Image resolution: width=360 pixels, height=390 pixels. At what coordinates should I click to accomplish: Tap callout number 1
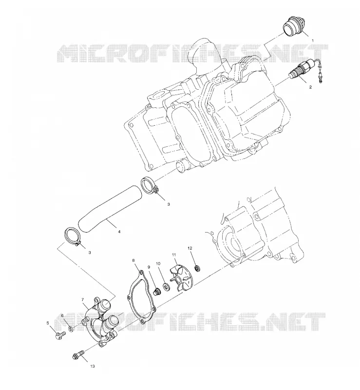point(313,40)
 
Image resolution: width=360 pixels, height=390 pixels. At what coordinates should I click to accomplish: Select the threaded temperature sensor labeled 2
point(302,69)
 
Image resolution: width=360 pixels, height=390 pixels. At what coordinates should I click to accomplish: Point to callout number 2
point(310,87)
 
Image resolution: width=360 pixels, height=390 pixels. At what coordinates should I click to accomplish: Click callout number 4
point(119,232)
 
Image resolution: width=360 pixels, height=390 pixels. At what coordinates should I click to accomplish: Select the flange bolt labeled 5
point(59,336)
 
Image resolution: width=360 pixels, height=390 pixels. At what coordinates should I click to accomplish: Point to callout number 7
point(82,300)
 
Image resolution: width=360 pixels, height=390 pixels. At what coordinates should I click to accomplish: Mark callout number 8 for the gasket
point(133,260)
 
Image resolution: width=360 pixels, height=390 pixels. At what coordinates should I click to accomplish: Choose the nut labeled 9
point(157,292)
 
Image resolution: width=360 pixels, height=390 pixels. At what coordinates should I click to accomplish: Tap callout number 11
point(174,254)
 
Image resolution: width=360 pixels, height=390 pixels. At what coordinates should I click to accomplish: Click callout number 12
point(190,248)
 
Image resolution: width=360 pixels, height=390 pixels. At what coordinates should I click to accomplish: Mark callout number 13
point(93,367)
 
